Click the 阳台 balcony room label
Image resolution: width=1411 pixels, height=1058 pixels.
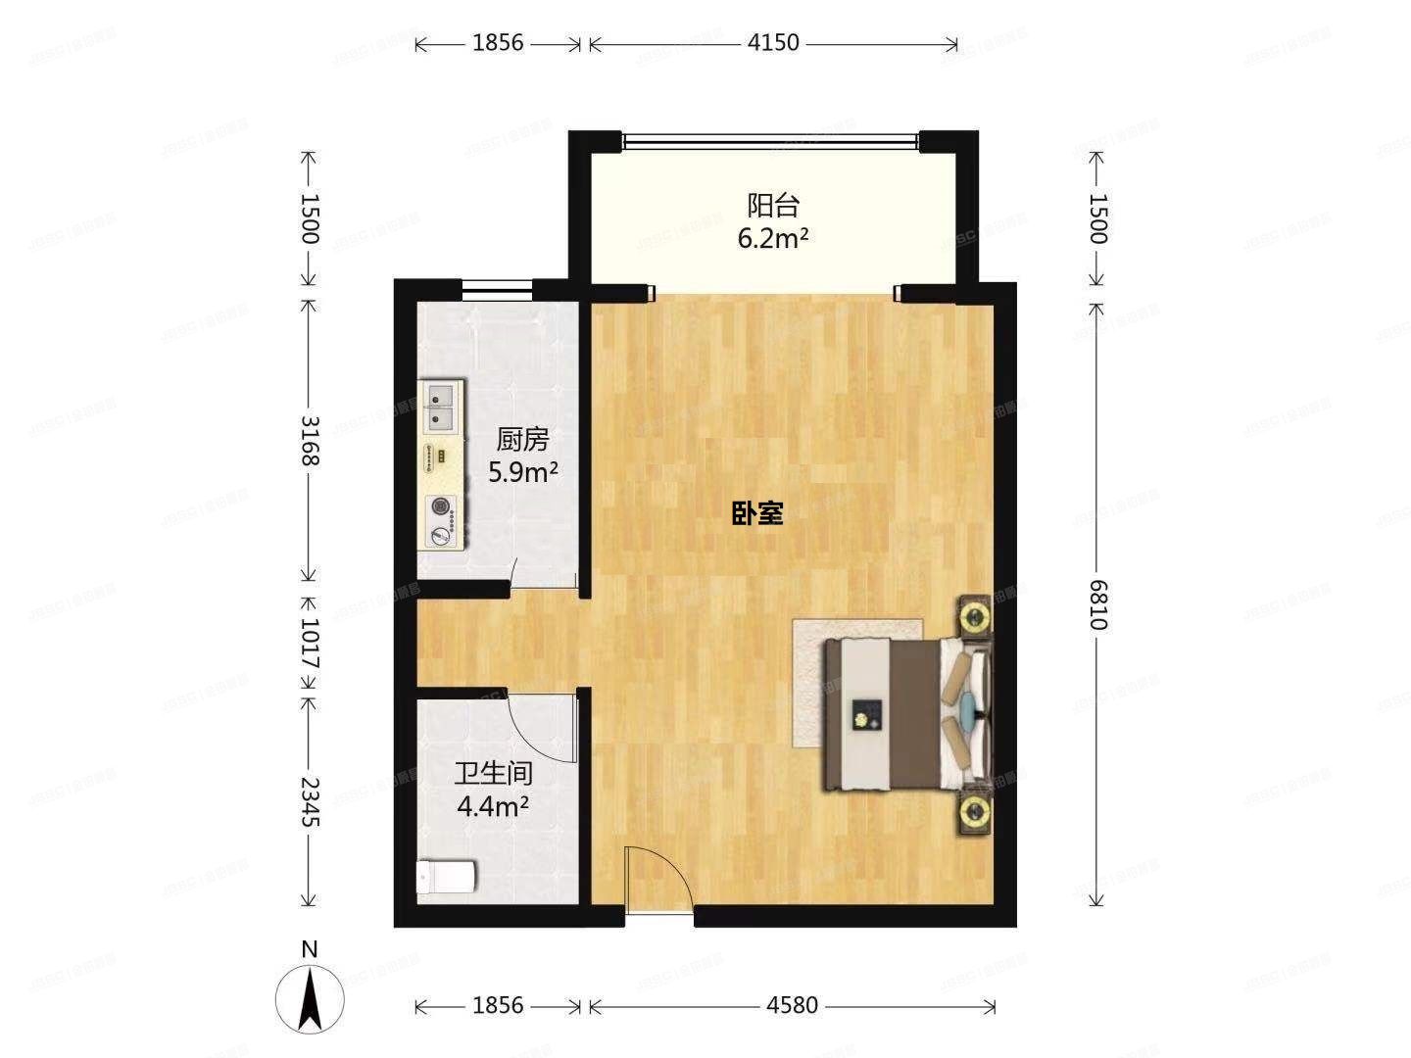[774, 206]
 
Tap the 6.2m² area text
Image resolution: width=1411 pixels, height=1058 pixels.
[773, 238]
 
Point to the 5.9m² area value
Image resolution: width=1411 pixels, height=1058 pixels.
[523, 473]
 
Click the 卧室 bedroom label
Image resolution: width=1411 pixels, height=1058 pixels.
[757, 512]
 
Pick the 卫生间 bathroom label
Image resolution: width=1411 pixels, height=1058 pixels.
[493, 774]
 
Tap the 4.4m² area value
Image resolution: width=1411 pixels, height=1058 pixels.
[494, 806]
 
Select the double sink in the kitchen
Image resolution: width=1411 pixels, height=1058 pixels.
[442, 408]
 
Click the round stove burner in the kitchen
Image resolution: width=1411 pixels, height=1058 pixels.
[443, 506]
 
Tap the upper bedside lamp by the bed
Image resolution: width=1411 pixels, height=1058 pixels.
[974, 616]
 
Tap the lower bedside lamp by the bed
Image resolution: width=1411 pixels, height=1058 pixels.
[974, 810]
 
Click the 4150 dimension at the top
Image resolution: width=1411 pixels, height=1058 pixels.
[773, 43]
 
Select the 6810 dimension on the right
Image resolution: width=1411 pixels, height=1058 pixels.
[1097, 605]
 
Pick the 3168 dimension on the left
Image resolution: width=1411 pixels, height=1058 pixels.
[310, 441]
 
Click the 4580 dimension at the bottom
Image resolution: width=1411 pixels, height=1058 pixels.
[792, 1006]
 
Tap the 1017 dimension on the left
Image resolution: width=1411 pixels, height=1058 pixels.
[310, 643]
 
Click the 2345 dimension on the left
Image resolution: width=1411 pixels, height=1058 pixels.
[310, 802]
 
